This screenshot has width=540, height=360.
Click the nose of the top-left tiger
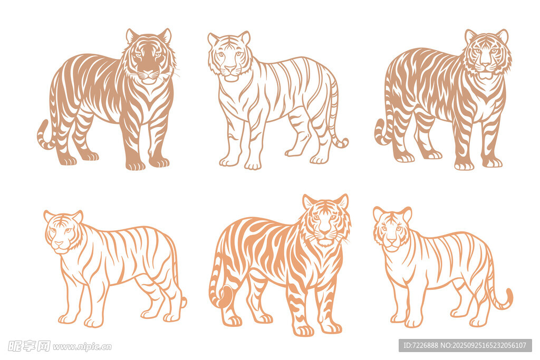pyautogui.click(x=148, y=73)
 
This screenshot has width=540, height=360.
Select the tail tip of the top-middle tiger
pyautogui.click(x=343, y=142)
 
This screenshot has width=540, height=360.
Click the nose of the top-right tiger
pyautogui.click(x=485, y=65)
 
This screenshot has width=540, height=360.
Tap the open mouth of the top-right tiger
pyautogui.click(x=485, y=75)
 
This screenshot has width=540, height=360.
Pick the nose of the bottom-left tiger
pyautogui.click(x=59, y=244)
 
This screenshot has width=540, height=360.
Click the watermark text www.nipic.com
pyautogui.click(x=82, y=346)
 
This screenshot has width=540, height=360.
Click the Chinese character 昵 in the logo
pyautogui.click(x=15, y=346)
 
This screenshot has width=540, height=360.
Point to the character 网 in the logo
pyautogui.click(x=44, y=346)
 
